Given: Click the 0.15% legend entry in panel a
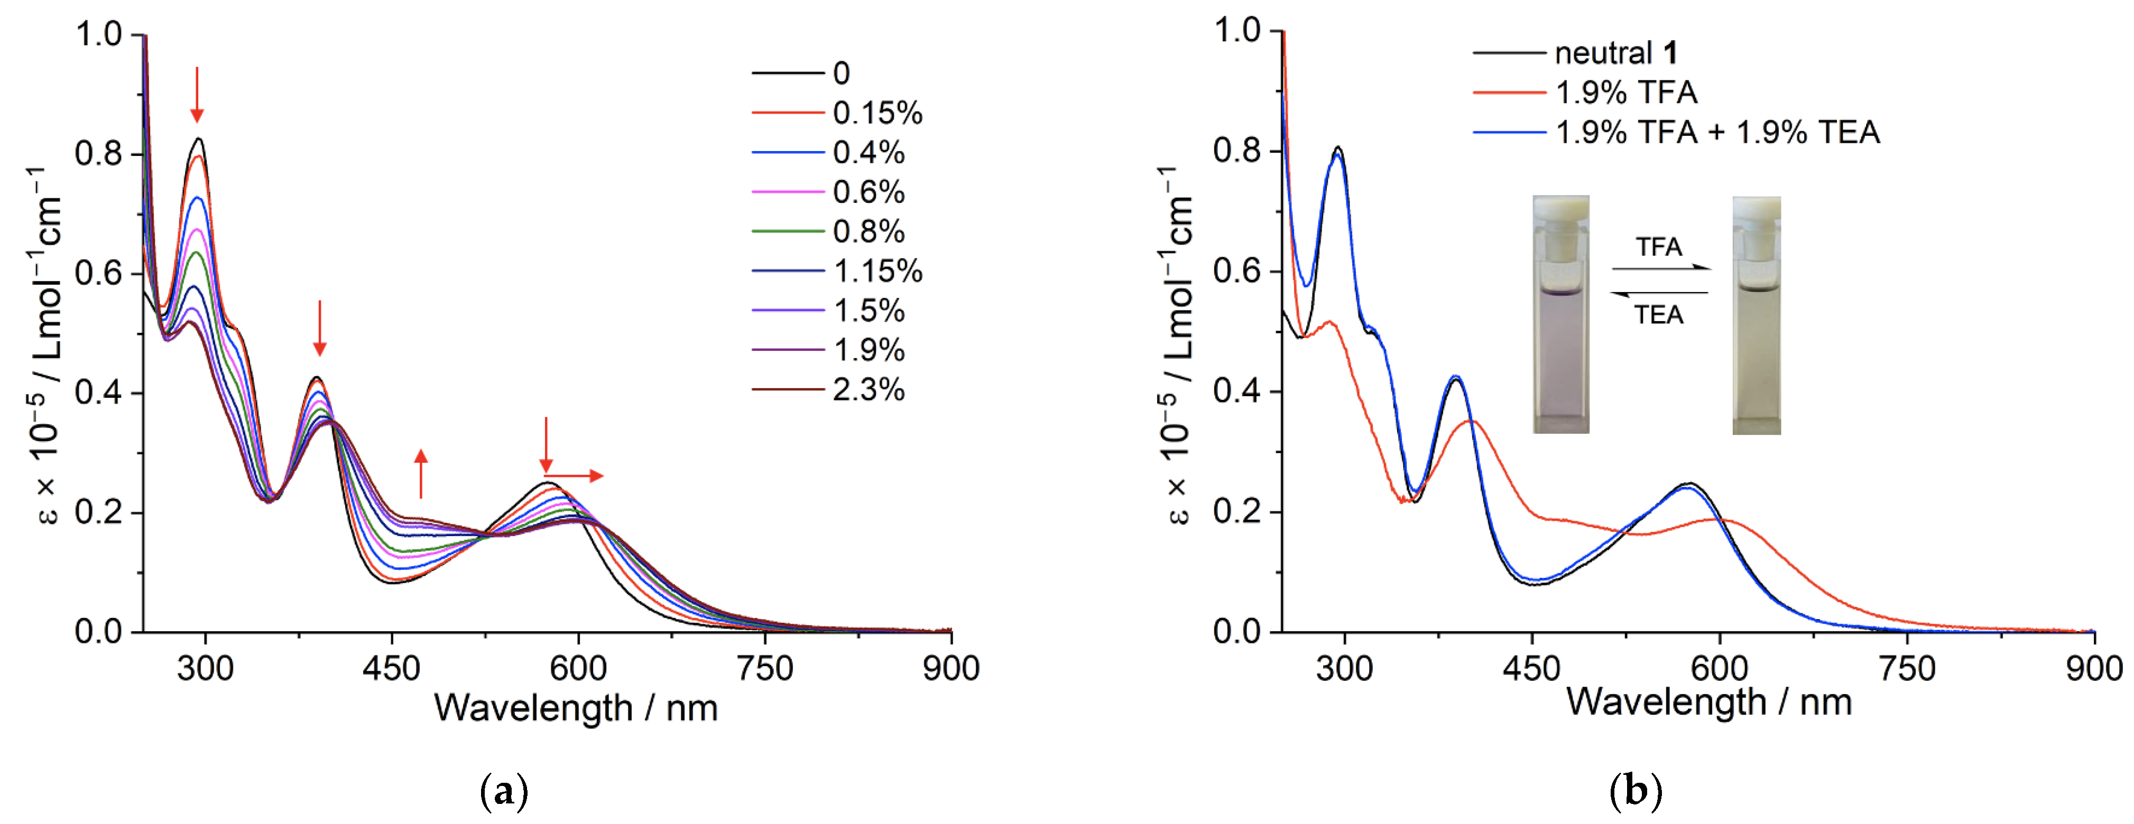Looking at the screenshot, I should point(876,113).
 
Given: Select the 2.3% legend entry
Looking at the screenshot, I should point(868,389).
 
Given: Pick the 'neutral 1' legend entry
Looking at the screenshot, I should point(1615,53).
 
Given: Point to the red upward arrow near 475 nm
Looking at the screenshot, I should point(421,474).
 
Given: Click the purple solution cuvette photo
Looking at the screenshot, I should point(1561,315).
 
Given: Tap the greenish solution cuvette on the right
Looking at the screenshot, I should point(1756,315).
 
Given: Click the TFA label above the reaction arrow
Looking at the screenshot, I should point(1658,247).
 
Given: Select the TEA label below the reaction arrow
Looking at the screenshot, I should point(1658,315).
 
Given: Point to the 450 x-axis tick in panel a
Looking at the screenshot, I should point(392,668).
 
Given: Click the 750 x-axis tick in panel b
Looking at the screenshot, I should point(1907,668).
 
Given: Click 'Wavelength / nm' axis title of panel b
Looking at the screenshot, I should point(1708,703).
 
